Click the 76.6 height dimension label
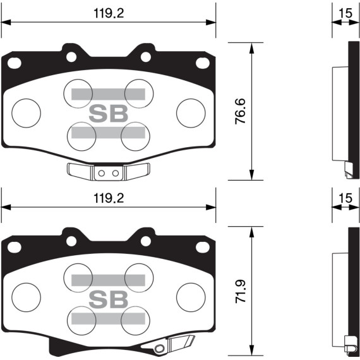[x=241, y=111]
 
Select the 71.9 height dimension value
[x=241, y=291]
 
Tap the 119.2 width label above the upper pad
[x=109, y=13]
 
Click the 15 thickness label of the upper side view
[x=344, y=13]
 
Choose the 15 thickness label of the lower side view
[x=344, y=198]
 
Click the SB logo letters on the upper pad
[x=108, y=114]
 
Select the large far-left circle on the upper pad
[x=26, y=113]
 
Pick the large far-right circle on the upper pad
[x=191, y=113]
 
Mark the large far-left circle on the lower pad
[x=26, y=296]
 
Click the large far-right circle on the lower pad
[x=191, y=296]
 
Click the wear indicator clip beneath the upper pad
[x=108, y=171]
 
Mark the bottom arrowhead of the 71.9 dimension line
[x=252, y=352]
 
